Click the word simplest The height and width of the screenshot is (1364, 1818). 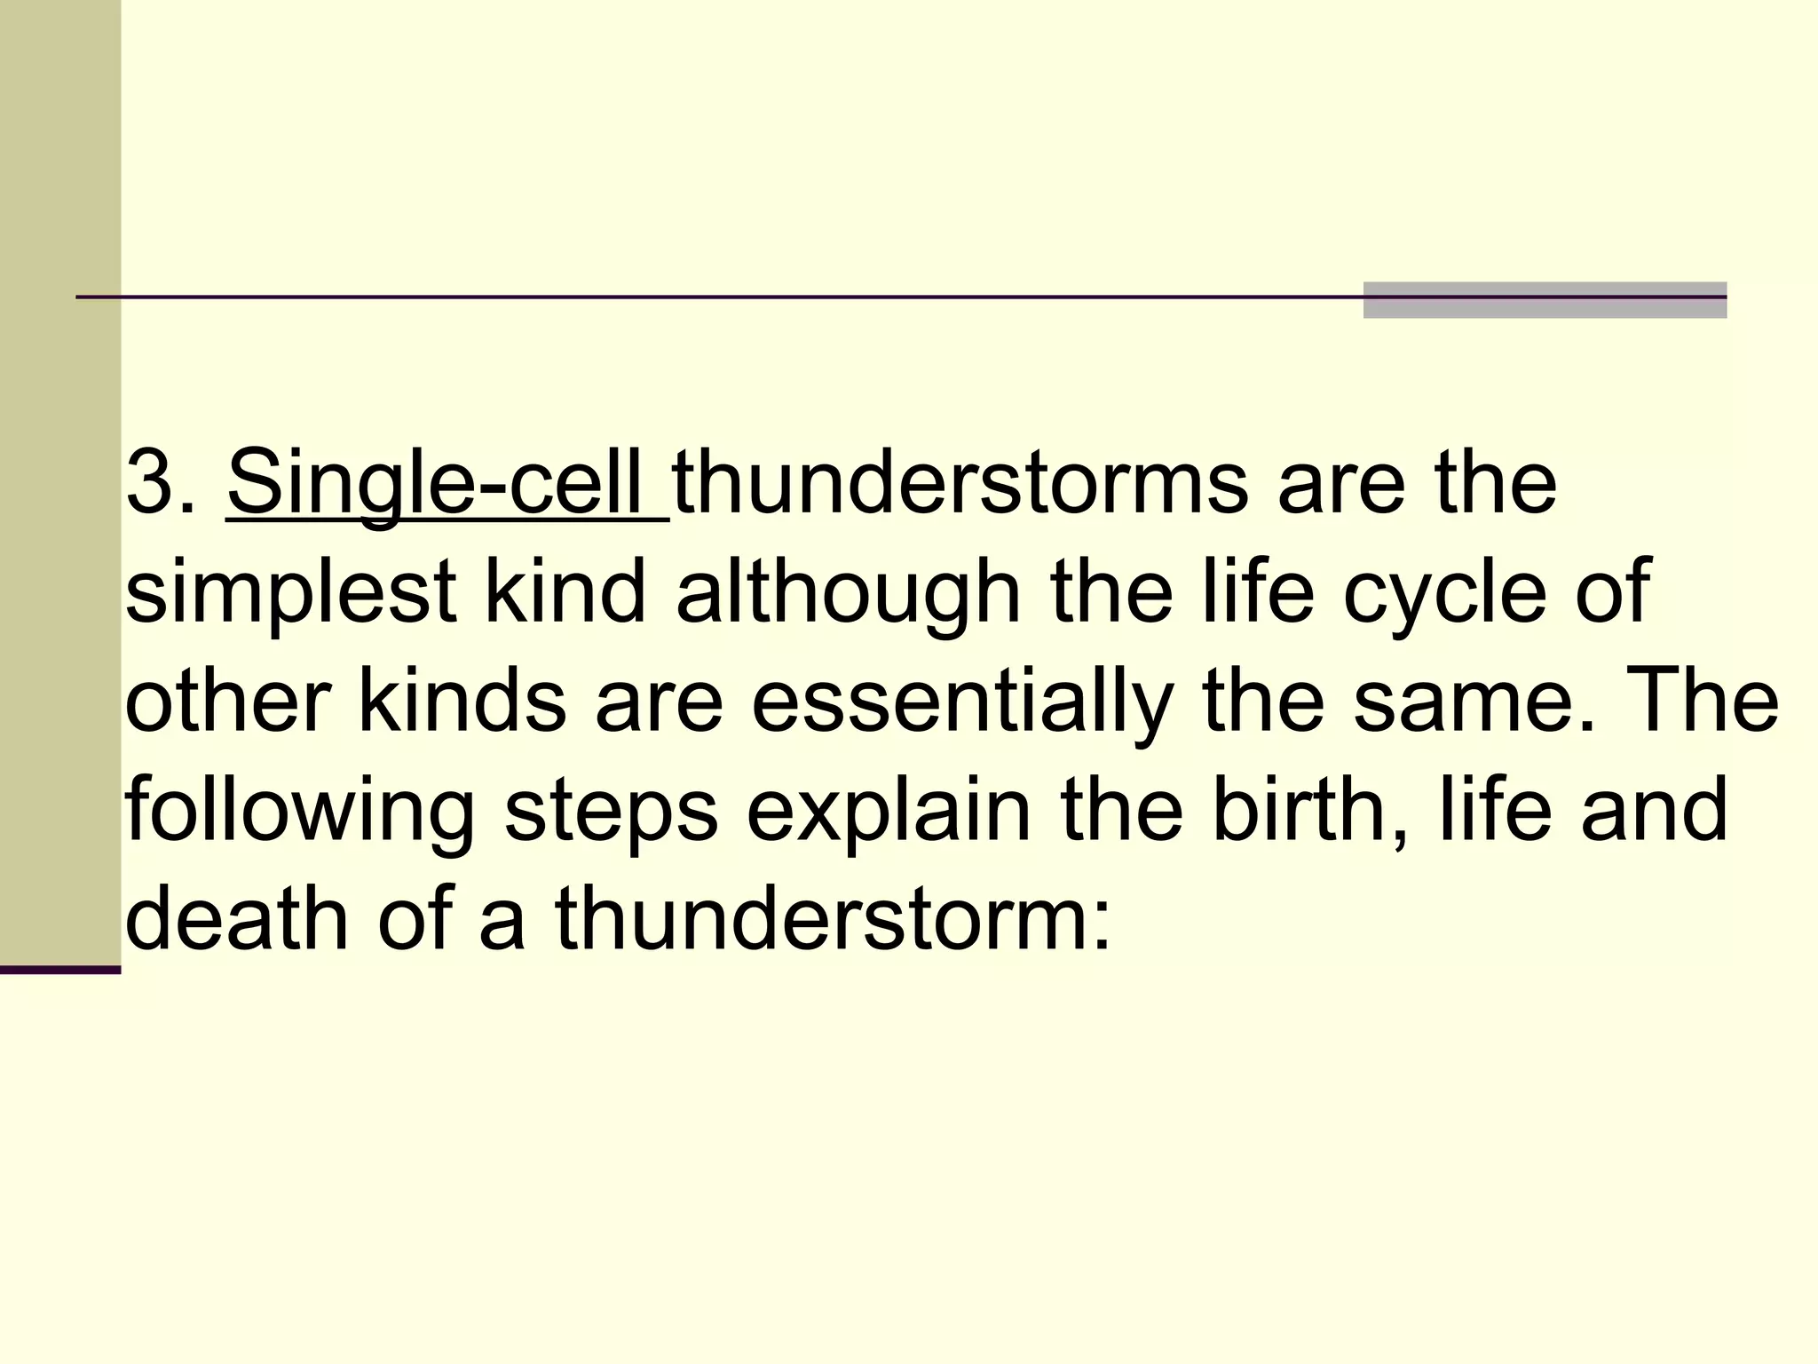[290, 594]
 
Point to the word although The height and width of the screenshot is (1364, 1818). [848, 594]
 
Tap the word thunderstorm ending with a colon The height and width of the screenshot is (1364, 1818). [832, 920]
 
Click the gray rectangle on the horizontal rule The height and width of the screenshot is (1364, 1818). [1545, 300]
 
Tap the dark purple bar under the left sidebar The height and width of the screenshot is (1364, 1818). [59, 970]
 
